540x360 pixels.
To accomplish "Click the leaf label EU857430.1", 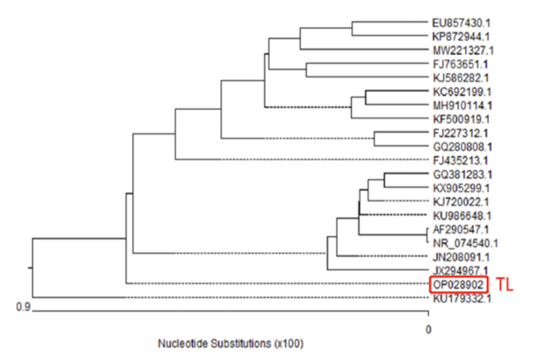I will coord(461,23).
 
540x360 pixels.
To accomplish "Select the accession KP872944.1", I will coord(461,36).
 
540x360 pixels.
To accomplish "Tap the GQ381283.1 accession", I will coord(461,175).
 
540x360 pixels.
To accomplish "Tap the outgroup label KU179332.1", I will coord(461,297).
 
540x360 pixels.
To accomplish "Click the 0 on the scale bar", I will coord(428,329).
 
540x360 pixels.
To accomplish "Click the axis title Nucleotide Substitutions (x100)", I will coord(230,344).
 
